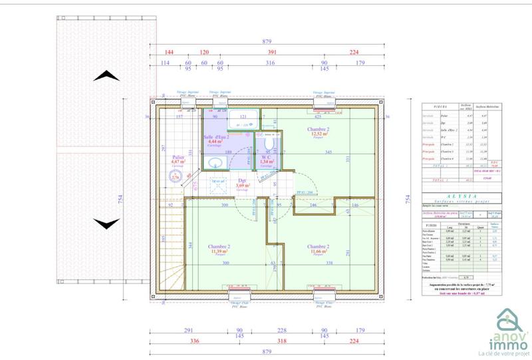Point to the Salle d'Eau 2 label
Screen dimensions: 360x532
click(216, 138)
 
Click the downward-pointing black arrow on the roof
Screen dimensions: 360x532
click(106, 223)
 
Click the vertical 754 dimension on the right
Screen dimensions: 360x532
click(406, 197)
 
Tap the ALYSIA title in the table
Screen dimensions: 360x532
click(463, 196)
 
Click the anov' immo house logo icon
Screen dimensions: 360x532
click(511, 317)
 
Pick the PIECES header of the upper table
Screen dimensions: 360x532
click(439, 106)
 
